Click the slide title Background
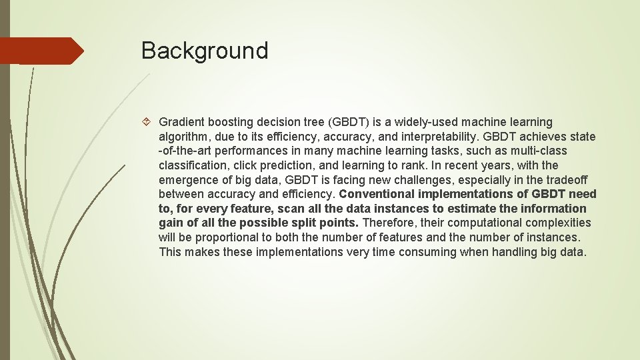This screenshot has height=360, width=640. point(205,51)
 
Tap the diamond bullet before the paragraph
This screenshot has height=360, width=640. point(148,122)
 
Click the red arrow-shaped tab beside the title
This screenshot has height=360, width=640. point(41,51)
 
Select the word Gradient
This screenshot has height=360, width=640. point(181,122)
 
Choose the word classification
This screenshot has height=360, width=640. point(191,165)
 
